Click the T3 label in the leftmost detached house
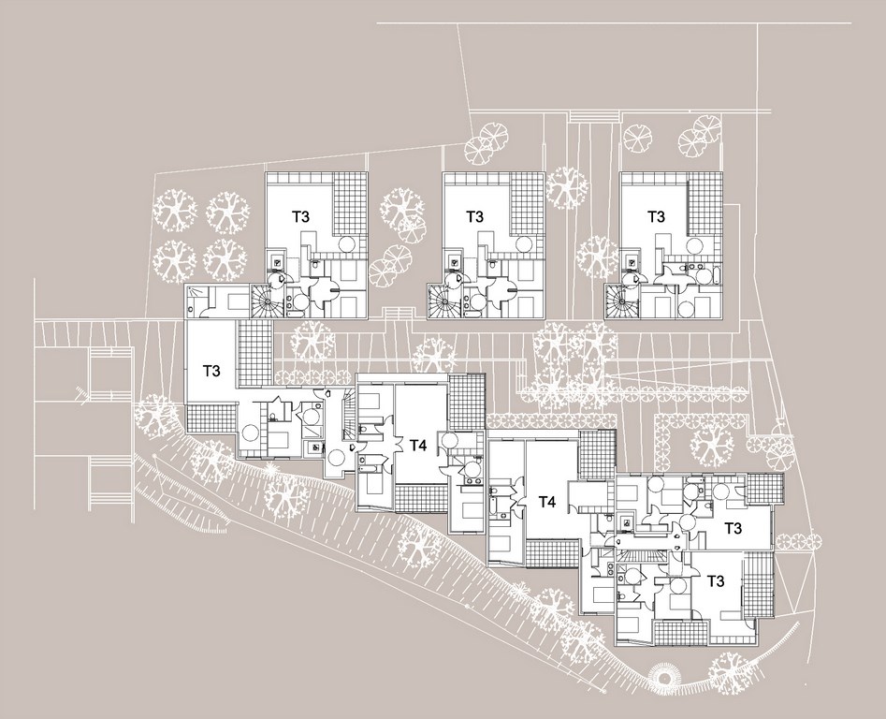(x=300, y=216)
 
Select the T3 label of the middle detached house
(x=474, y=216)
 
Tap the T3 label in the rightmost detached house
(x=656, y=216)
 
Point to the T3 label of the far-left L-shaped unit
(x=211, y=371)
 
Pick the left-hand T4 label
(x=417, y=446)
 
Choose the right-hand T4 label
(x=546, y=502)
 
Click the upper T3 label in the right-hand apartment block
(x=733, y=529)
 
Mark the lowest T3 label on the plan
(x=715, y=581)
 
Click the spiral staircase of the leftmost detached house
(x=262, y=301)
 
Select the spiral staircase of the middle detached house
(x=441, y=301)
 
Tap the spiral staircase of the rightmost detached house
(x=617, y=301)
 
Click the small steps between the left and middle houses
(x=399, y=313)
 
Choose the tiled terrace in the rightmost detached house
(x=705, y=204)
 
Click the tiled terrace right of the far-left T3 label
(x=255, y=352)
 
